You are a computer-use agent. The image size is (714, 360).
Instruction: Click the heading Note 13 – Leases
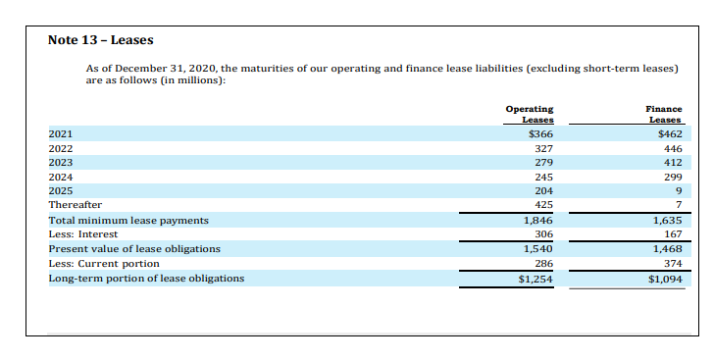tap(101, 40)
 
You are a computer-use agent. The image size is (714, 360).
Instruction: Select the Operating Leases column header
tap(530, 113)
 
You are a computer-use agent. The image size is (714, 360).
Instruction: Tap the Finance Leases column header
tap(664, 113)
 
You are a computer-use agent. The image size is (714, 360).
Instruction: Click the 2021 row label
tap(61, 133)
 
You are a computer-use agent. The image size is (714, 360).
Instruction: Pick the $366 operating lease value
tap(540, 133)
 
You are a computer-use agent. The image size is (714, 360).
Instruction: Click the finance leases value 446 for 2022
tap(672, 148)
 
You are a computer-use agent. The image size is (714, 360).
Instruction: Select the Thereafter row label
tap(76, 205)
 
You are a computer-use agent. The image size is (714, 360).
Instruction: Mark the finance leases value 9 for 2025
tap(677, 190)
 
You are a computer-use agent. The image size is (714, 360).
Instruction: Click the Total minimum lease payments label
tap(128, 221)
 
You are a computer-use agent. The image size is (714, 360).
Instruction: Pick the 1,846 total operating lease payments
tap(538, 221)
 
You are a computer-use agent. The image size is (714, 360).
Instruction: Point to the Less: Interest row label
tap(83, 234)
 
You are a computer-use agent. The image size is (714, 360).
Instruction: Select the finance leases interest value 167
tap(672, 234)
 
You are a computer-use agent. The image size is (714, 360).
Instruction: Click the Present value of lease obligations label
tap(134, 249)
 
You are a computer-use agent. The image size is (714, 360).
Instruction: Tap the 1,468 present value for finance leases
tap(667, 249)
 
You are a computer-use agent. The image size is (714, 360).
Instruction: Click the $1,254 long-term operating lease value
tap(536, 279)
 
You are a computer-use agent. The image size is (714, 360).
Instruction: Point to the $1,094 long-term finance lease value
tap(665, 279)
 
